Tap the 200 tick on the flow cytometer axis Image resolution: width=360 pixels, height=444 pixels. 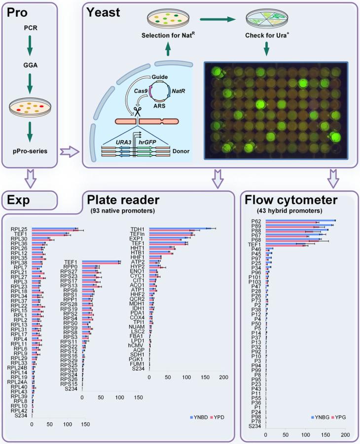(x=345, y=435)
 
